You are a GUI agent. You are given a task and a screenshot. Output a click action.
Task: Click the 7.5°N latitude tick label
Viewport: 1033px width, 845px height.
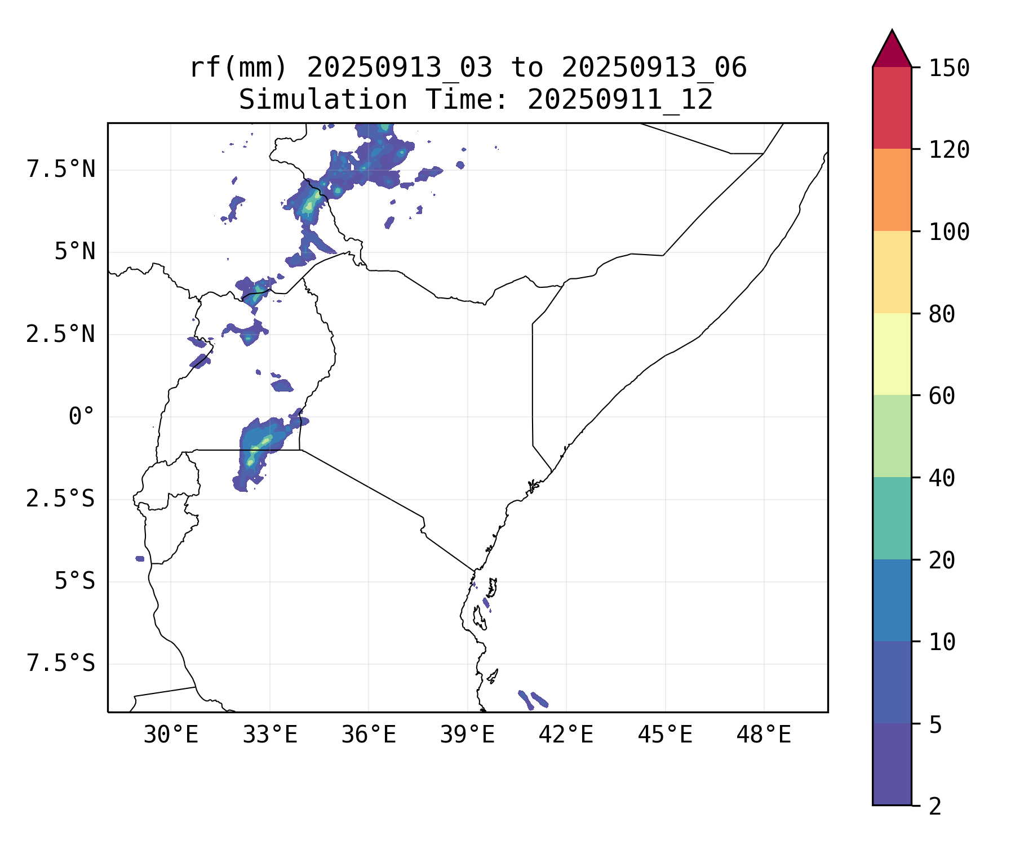coord(61,170)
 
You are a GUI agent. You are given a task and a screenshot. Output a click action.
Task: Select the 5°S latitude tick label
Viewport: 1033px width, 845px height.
coord(74,581)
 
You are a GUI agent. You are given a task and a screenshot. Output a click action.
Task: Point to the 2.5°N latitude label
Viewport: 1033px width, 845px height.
coord(61,334)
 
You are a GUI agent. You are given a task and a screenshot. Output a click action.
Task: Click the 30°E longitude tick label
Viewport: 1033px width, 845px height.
coord(171,735)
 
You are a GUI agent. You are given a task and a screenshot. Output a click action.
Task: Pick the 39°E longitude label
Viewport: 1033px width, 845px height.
coord(467,735)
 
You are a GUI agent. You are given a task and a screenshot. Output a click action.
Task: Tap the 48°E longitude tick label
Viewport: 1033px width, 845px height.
coord(764,735)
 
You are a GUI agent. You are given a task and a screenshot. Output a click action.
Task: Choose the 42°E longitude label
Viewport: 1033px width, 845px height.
coord(566,735)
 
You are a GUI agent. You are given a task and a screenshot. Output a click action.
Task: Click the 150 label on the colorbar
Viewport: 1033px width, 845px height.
coord(949,68)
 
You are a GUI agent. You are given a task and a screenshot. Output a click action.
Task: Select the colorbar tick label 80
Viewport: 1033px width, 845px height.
coord(942,314)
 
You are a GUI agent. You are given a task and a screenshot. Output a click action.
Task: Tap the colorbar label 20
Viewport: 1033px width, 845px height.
coord(942,561)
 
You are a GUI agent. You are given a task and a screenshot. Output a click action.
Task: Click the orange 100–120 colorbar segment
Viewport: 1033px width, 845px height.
coord(892,190)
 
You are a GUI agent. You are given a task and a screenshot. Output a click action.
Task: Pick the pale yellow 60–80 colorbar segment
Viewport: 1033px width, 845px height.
coord(892,354)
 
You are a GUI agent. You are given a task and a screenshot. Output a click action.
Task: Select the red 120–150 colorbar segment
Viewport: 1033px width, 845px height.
coord(892,108)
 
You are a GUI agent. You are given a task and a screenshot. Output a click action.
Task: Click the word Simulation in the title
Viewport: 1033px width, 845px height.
coord(323,100)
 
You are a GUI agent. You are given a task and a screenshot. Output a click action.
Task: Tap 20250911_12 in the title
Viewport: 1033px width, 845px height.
coord(620,100)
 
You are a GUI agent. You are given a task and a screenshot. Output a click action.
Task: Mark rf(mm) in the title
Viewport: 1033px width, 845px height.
coord(238,68)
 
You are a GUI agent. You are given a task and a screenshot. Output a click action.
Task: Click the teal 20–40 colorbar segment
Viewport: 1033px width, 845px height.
coord(892,518)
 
